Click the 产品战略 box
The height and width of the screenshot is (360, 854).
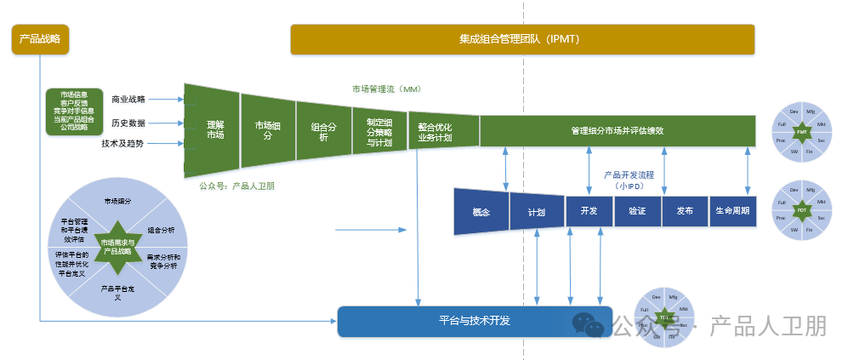tap(40, 39)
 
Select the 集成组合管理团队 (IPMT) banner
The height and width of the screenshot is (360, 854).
tap(522, 39)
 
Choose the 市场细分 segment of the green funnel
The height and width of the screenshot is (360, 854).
tap(267, 129)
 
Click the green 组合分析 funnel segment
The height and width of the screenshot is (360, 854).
tap(323, 130)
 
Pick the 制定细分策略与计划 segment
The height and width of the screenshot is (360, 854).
tap(379, 131)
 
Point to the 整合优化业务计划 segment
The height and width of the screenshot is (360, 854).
tap(435, 132)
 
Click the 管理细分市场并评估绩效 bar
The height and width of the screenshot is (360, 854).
tap(617, 131)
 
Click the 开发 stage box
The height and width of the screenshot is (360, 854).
tap(589, 211)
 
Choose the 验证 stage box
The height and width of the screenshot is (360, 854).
tap(637, 211)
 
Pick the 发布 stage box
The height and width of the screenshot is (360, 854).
tap(685, 211)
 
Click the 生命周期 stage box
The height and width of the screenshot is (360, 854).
tap(732, 211)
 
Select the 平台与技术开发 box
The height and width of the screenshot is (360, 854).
tap(475, 321)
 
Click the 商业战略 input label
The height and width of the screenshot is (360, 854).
tap(128, 100)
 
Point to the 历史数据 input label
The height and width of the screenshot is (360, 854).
tap(128, 123)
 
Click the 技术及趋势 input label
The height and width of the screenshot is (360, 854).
tap(122, 143)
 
